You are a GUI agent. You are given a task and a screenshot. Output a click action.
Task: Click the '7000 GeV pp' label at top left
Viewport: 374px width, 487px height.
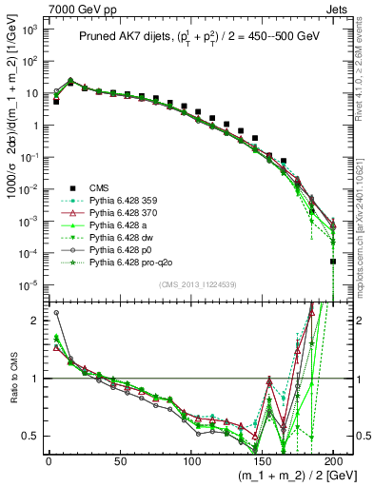[x=69, y=8]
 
